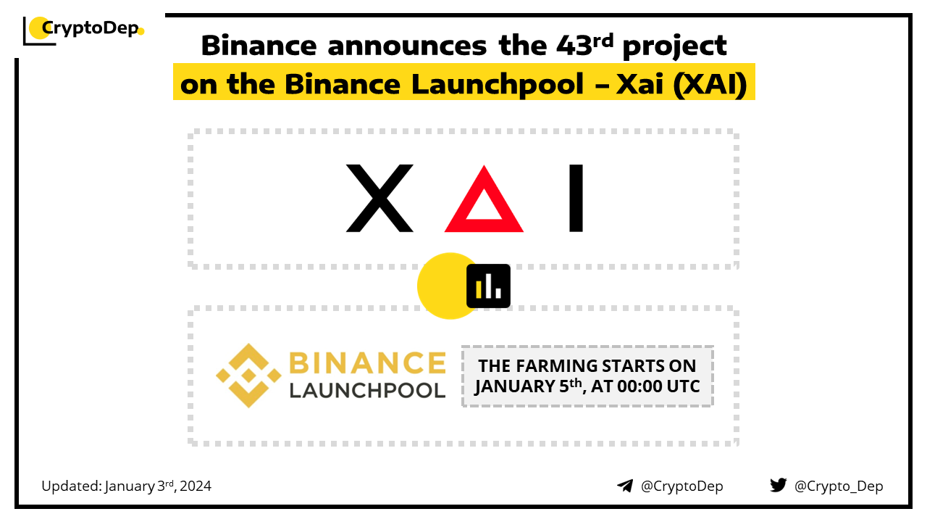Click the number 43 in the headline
574,45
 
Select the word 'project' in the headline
674,47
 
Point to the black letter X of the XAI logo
379,198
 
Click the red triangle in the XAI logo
484,199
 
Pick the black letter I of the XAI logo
576,198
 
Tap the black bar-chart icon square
488,286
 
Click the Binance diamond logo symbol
248,376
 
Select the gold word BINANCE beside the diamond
367,363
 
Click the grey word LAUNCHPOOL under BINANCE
367,391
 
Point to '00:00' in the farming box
639,386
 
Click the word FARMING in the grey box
557,366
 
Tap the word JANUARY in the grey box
514,387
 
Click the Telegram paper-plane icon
625,486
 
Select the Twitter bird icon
779,485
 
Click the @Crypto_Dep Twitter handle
839,486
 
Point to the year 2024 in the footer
196,486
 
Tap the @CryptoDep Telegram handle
681,486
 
